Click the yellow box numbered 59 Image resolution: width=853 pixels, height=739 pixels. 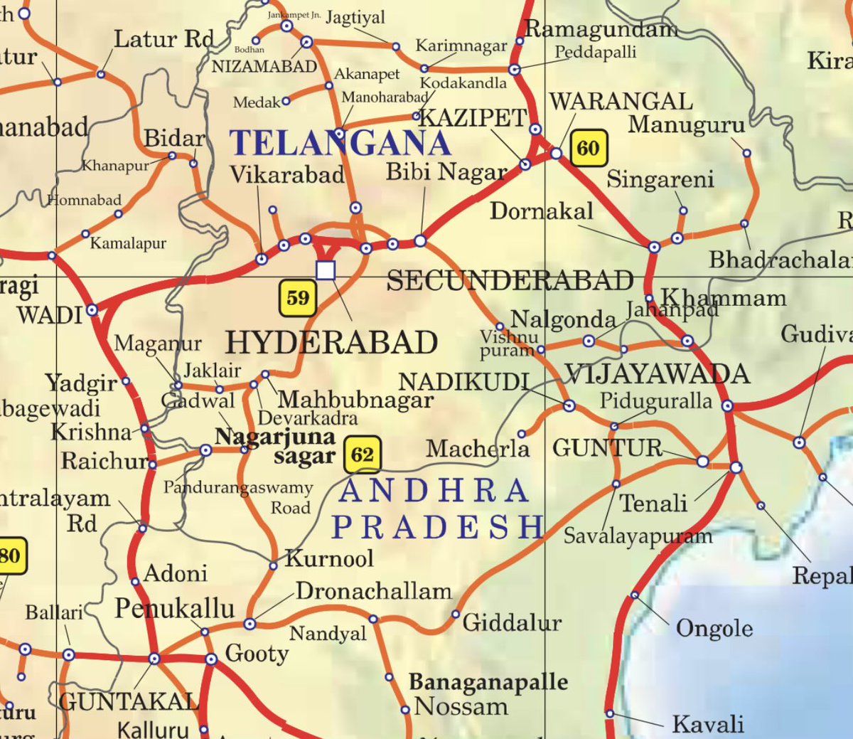coord(298,297)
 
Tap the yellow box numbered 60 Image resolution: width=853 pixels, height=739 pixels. coord(588,148)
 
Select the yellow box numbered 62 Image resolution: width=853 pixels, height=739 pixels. coord(362,455)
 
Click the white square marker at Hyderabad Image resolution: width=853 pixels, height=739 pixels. coord(326,270)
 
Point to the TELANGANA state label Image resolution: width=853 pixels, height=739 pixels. coord(340,144)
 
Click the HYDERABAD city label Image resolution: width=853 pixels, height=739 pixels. coord(331,343)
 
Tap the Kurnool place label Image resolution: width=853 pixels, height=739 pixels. coord(329,558)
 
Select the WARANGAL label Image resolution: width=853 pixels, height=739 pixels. coord(621,102)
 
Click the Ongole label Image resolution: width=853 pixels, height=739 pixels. coord(714,629)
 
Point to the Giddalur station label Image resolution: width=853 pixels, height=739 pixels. coord(512,623)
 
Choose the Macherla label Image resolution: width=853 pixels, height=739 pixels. coord(478,449)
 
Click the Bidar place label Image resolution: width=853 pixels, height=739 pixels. coord(174,138)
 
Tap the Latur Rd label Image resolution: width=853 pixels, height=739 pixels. coord(164,39)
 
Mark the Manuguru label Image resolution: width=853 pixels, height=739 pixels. coord(686,124)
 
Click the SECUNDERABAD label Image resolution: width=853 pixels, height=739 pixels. coord(510,281)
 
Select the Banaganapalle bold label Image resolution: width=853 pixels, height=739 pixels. coord(488,682)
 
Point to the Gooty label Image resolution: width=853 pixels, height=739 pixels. coord(257,653)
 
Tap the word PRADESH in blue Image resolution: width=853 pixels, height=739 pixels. coord(437,527)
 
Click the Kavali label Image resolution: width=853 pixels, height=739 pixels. coord(708,724)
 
